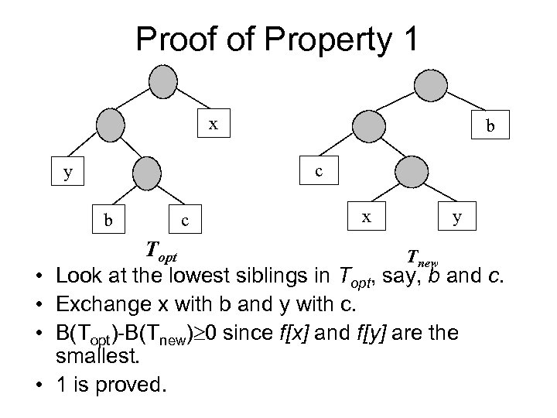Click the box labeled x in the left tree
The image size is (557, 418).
[214, 124]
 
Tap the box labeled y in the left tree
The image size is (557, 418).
[69, 173]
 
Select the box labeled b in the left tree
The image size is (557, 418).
[108, 220]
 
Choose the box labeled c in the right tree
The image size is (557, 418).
[318, 171]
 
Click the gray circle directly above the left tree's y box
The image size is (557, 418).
[111, 124]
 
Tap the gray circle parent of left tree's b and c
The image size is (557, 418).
[146, 173]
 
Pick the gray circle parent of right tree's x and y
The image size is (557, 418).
[410, 171]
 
